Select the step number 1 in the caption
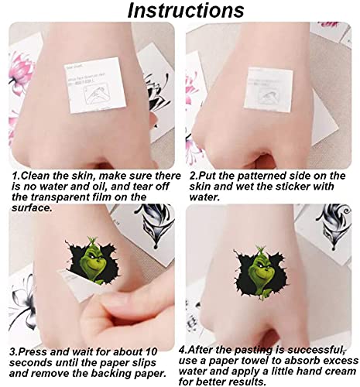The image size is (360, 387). (x=15, y=176)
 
